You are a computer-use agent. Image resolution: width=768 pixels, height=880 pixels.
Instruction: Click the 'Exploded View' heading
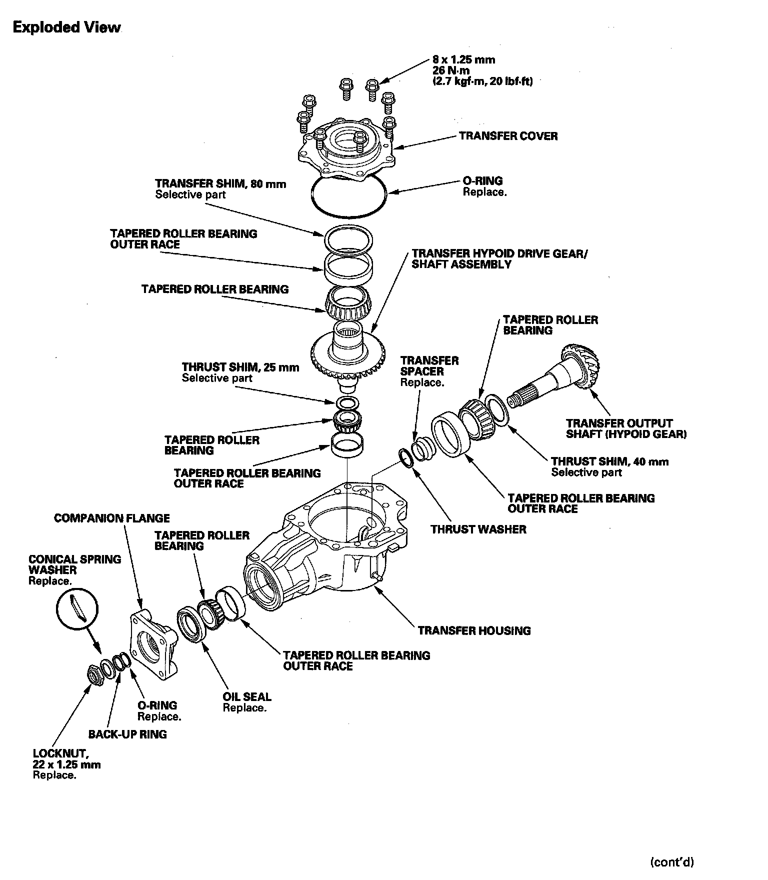pyautogui.click(x=66, y=27)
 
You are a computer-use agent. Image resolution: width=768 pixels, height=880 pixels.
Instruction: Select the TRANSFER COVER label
pyautogui.click(x=508, y=136)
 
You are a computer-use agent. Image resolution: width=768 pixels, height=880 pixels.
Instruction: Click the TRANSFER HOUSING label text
pyautogui.click(x=474, y=630)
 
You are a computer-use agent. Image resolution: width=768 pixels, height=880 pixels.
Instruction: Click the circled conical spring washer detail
pyautogui.click(x=77, y=607)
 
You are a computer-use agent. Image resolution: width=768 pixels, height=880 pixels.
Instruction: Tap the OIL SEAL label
pyautogui.click(x=247, y=696)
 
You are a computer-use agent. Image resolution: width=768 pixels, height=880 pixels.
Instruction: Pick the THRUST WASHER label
pyautogui.click(x=478, y=529)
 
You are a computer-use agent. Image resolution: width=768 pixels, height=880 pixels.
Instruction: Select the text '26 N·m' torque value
pyautogui.click(x=451, y=70)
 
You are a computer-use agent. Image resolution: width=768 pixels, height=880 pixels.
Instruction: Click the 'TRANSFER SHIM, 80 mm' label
pyautogui.click(x=220, y=184)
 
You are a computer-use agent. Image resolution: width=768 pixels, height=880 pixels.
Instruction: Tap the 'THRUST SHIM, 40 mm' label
pyautogui.click(x=609, y=461)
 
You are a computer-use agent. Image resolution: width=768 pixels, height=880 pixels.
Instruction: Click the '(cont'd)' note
pyautogui.click(x=672, y=861)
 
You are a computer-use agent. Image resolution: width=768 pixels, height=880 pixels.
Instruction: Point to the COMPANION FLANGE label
pyautogui.click(x=112, y=518)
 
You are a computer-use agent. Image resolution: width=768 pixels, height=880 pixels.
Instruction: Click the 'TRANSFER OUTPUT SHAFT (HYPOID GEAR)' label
pyautogui.click(x=626, y=428)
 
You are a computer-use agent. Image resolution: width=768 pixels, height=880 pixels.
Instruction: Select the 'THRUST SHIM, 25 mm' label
pyautogui.click(x=240, y=367)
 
